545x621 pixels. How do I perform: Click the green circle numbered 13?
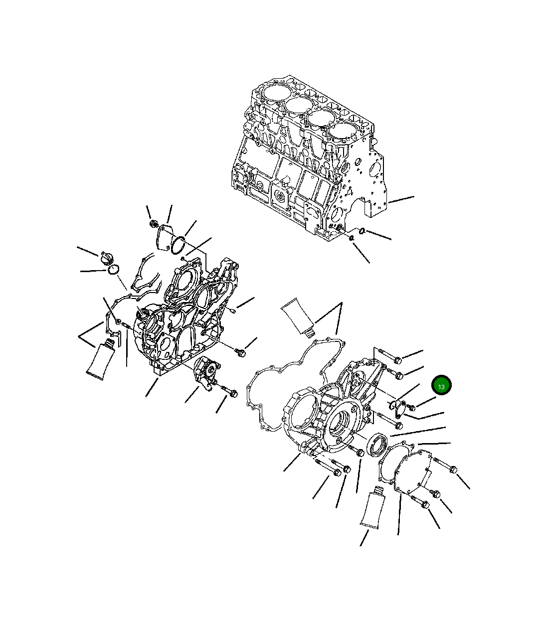tap(441, 386)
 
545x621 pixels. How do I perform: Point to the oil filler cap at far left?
tap(106, 259)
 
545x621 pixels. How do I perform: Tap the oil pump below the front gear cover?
tap(206, 373)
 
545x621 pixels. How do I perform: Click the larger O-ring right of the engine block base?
tap(362, 230)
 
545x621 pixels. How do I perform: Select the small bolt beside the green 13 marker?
tap(411, 408)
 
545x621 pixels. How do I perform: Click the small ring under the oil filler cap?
tap(113, 270)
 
